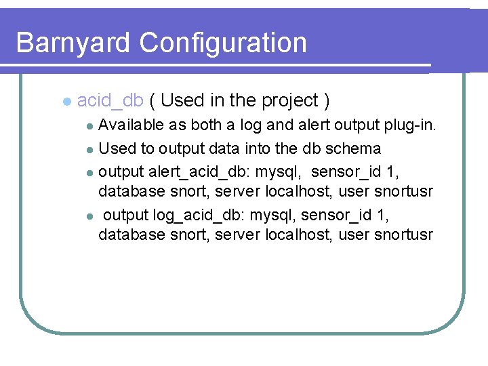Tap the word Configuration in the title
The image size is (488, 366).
coord(223,43)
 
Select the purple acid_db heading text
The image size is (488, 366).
coord(110,101)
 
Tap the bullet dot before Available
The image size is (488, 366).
coord(91,126)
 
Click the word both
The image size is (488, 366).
coord(206,125)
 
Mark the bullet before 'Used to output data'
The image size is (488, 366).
coord(91,148)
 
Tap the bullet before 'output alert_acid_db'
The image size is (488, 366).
coord(91,171)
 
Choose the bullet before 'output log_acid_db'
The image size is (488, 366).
coord(91,216)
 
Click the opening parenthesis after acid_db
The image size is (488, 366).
coord(154,101)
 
